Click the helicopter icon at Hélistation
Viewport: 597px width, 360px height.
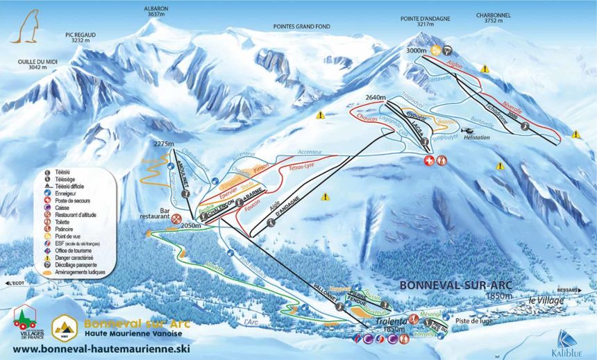(468, 130)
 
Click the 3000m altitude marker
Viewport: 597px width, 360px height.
(416, 50)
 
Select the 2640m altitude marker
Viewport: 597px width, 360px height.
(374, 98)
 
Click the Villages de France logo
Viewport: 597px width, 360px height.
(26, 321)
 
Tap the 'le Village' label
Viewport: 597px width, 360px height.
(546, 300)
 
